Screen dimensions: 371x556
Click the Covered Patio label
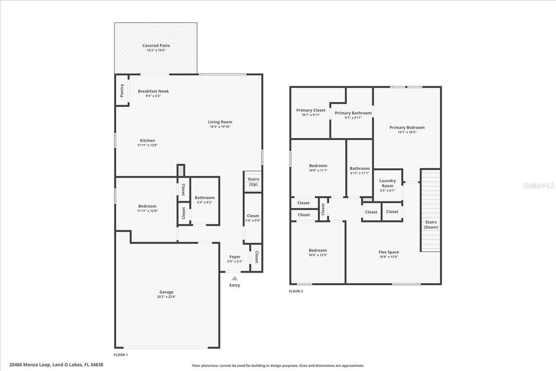(x=156, y=46)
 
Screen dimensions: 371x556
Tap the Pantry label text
(x=122, y=91)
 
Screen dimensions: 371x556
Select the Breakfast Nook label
(x=153, y=91)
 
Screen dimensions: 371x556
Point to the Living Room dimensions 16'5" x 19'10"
(x=220, y=127)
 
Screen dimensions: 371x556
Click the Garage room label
(x=166, y=292)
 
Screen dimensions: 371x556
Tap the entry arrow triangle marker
(x=235, y=278)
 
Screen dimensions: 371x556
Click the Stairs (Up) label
(x=252, y=182)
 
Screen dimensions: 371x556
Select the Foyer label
(x=235, y=257)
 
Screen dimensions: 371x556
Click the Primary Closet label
(x=311, y=110)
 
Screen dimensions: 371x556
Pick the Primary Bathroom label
(x=353, y=113)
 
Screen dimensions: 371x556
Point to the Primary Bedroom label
(x=407, y=128)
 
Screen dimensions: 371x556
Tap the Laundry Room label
(x=387, y=183)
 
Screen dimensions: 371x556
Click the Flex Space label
(x=389, y=252)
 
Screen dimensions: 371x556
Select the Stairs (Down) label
(x=431, y=224)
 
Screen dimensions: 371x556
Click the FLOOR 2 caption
(x=296, y=292)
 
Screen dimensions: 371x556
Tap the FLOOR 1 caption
(x=121, y=354)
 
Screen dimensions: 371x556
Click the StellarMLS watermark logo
(x=538, y=185)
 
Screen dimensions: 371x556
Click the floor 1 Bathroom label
(x=205, y=198)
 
